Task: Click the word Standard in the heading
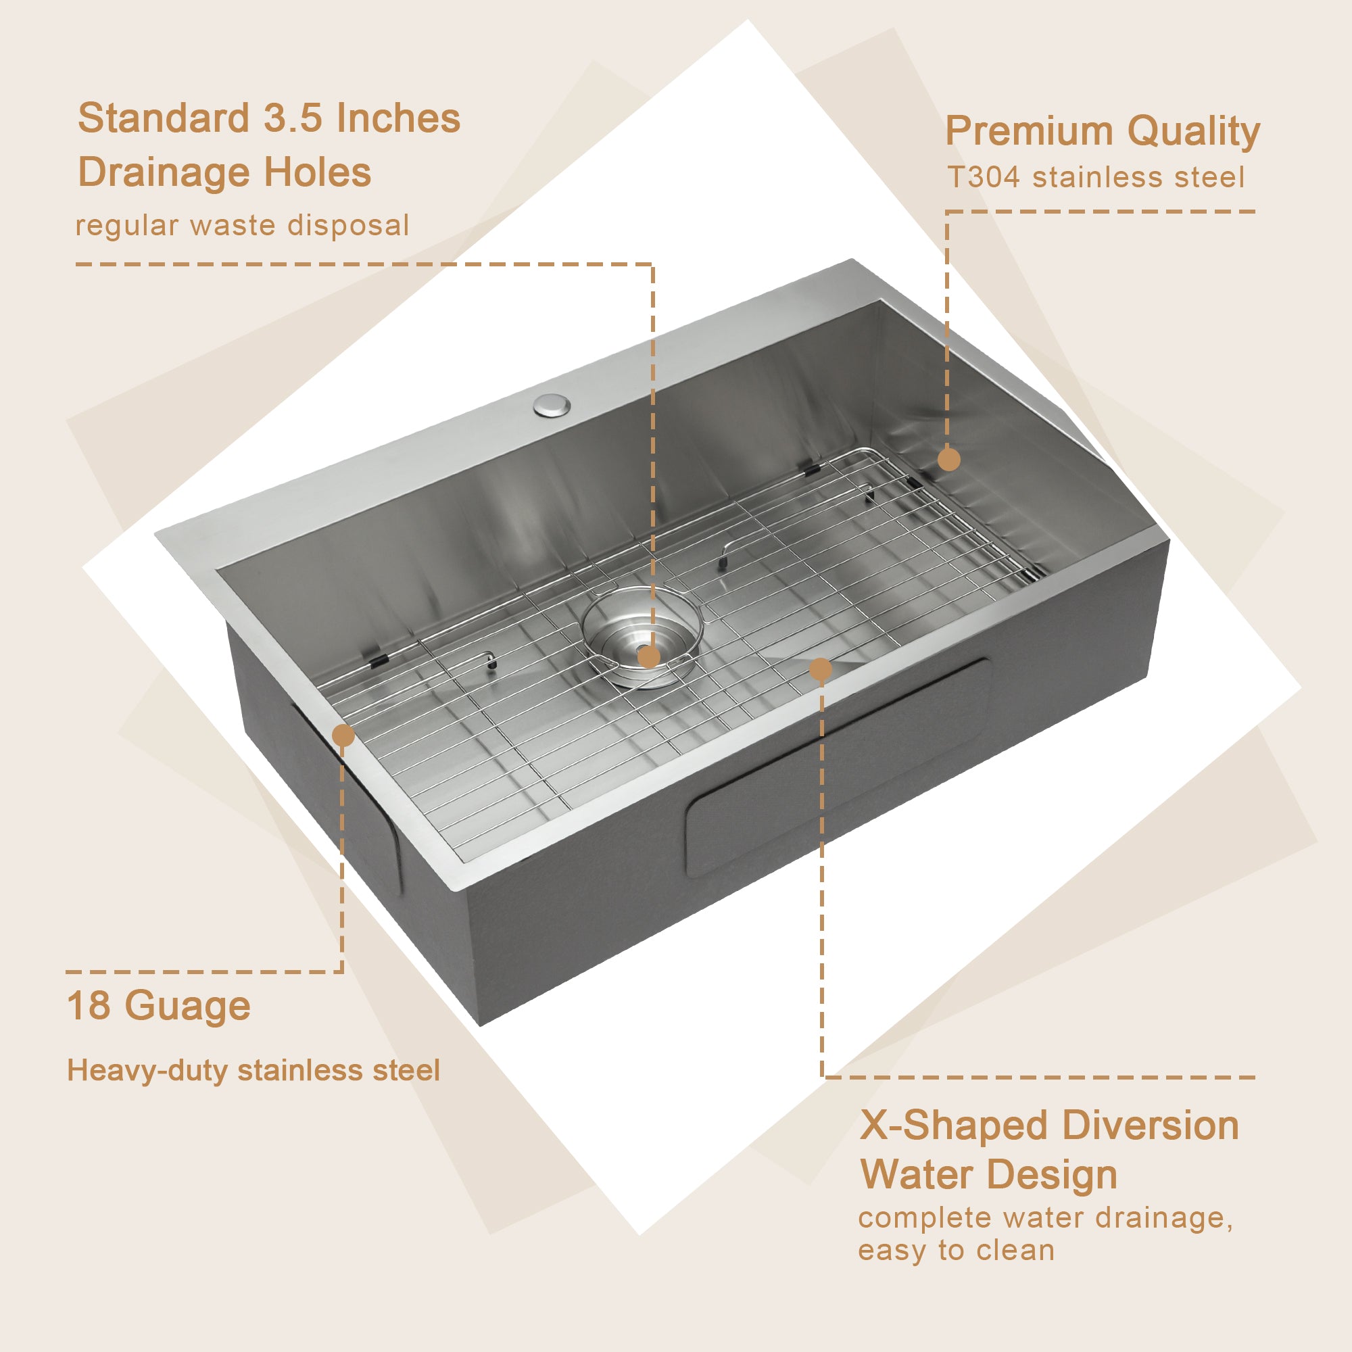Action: click(x=163, y=118)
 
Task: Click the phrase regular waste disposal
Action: click(x=242, y=225)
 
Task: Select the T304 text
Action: click(x=983, y=178)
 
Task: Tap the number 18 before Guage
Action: click(x=88, y=1007)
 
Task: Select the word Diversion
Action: click(x=1151, y=1126)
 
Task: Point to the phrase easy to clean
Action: click(x=956, y=1251)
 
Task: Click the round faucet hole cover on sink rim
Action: click(x=552, y=405)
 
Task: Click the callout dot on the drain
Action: click(x=649, y=656)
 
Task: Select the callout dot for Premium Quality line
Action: click(x=949, y=460)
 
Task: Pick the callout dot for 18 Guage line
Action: click(x=343, y=735)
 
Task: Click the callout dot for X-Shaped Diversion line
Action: click(x=820, y=669)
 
